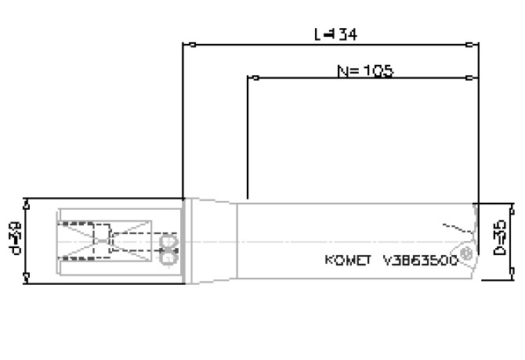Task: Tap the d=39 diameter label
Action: (16, 239)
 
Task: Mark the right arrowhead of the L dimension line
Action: (467, 44)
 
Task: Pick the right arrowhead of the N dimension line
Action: (467, 78)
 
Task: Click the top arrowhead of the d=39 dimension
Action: (27, 203)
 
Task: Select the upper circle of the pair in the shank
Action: (167, 239)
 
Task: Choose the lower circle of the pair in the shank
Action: (167, 254)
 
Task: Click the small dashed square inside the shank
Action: (102, 233)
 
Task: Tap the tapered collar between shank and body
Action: (212, 239)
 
